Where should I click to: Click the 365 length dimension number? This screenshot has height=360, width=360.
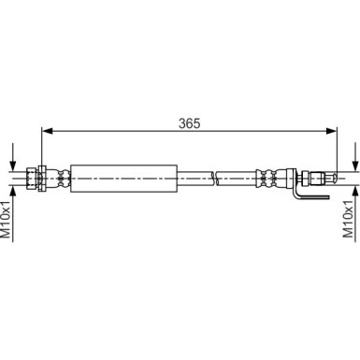(191, 122)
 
